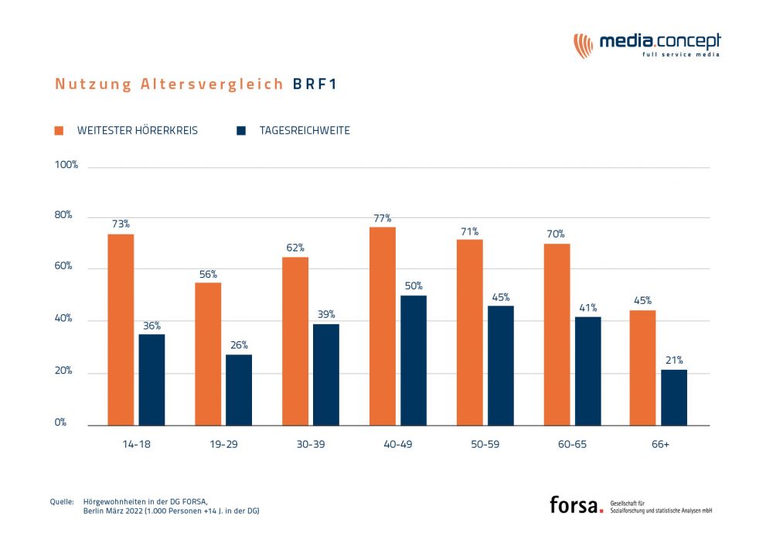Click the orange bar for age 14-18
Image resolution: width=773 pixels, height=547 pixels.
coord(121,330)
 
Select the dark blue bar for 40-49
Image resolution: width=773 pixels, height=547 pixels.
coord(414,361)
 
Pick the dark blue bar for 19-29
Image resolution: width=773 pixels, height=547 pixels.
coord(239,390)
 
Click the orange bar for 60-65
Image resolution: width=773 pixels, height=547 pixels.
coord(557,334)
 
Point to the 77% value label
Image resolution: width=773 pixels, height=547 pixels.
coord(383,218)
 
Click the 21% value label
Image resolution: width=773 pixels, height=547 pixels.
coord(674,361)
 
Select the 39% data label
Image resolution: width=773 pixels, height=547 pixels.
coord(326,315)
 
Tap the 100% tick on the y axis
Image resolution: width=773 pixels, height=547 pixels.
coord(66,166)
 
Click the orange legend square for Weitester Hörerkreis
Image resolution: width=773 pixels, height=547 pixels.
coord(59,131)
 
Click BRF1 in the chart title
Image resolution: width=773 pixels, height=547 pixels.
coord(315,84)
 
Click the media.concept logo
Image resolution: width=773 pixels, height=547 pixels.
coord(647,44)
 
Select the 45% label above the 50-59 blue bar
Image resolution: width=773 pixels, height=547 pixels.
coord(500,297)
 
